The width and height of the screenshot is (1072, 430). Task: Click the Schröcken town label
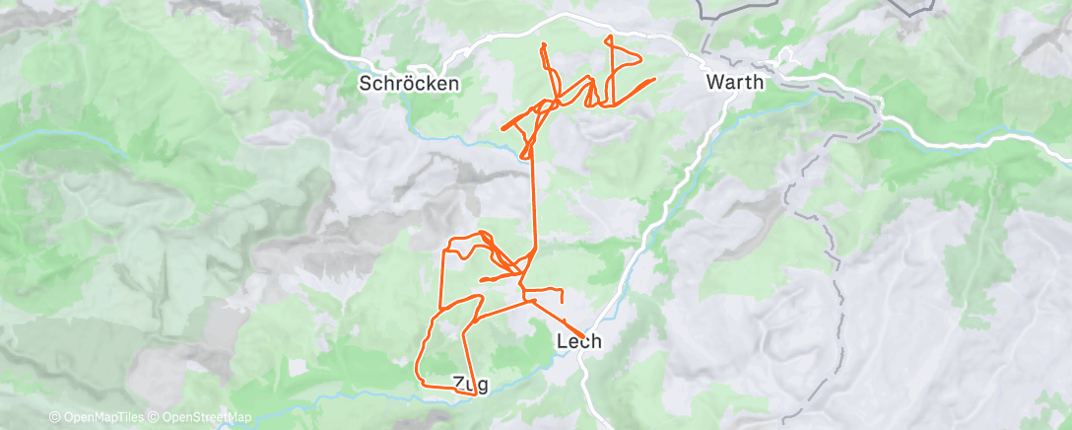coord(409,84)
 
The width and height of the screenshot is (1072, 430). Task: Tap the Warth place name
coord(735,83)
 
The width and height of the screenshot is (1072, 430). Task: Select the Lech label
coord(579,342)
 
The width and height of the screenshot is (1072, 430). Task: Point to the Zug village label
coord(470,383)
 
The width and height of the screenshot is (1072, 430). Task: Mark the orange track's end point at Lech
coord(582,334)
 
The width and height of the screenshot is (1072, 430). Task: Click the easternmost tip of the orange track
coord(654,79)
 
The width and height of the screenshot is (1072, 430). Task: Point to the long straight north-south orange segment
coord(534,197)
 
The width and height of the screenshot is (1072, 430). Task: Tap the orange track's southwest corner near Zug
coord(419,380)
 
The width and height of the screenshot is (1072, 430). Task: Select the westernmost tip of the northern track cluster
coord(503,127)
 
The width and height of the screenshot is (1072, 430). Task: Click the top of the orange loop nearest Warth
coord(611,37)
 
